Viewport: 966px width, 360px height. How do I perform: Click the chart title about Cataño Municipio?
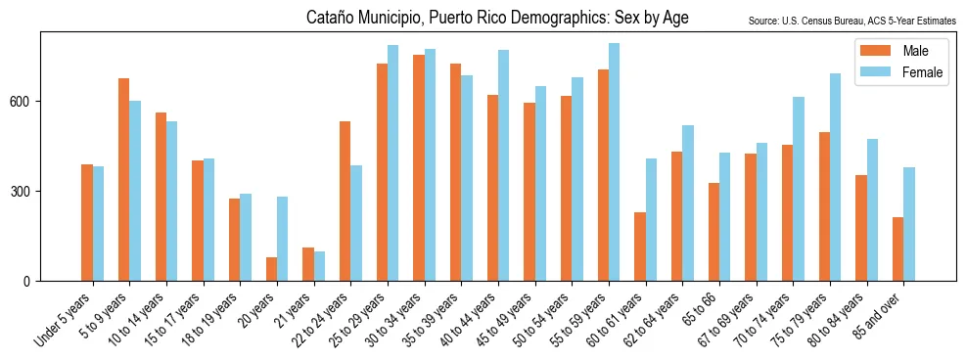coord(497,18)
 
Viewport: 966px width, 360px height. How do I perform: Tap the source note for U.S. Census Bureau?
coord(851,21)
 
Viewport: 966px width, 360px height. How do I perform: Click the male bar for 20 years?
coord(271,269)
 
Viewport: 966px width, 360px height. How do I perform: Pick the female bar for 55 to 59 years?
coord(614,162)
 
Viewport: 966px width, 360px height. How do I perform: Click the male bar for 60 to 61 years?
coord(639,247)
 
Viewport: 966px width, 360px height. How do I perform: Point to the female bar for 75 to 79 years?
coord(835,177)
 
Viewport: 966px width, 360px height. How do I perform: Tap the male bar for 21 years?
coord(307,264)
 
